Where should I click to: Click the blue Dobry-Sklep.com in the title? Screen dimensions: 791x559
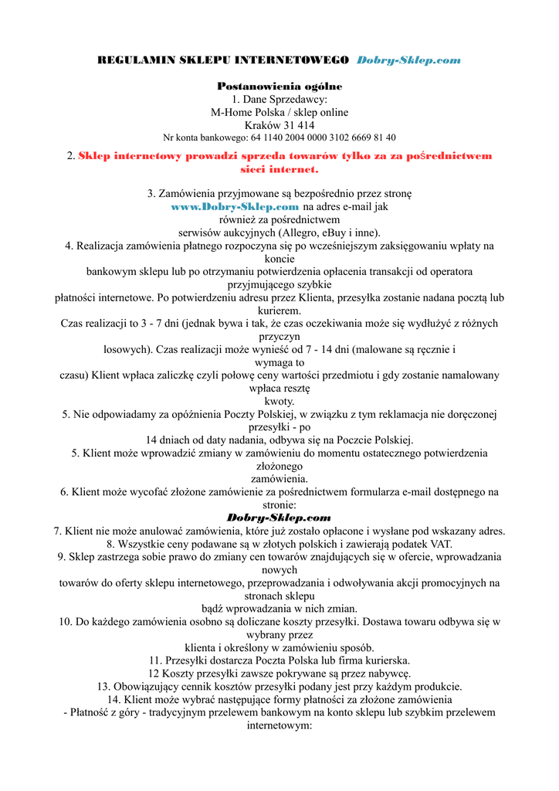pyautogui.click(x=408, y=60)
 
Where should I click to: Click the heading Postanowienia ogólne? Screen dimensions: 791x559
pyautogui.click(x=279, y=86)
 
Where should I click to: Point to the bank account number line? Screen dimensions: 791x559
pyautogui.click(x=279, y=137)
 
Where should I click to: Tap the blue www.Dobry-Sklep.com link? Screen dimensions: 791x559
pyautogui.click(x=235, y=207)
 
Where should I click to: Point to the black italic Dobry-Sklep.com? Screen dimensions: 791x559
pyautogui.click(x=279, y=518)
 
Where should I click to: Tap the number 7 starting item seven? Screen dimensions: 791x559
pyautogui.click(x=56, y=531)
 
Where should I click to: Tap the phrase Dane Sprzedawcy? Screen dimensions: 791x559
pyautogui.click(x=286, y=99)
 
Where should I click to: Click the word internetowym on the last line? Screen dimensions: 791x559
pyautogui.click(x=278, y=726)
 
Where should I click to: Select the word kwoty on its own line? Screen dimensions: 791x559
pyautogui.click(x=279, y=401)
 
